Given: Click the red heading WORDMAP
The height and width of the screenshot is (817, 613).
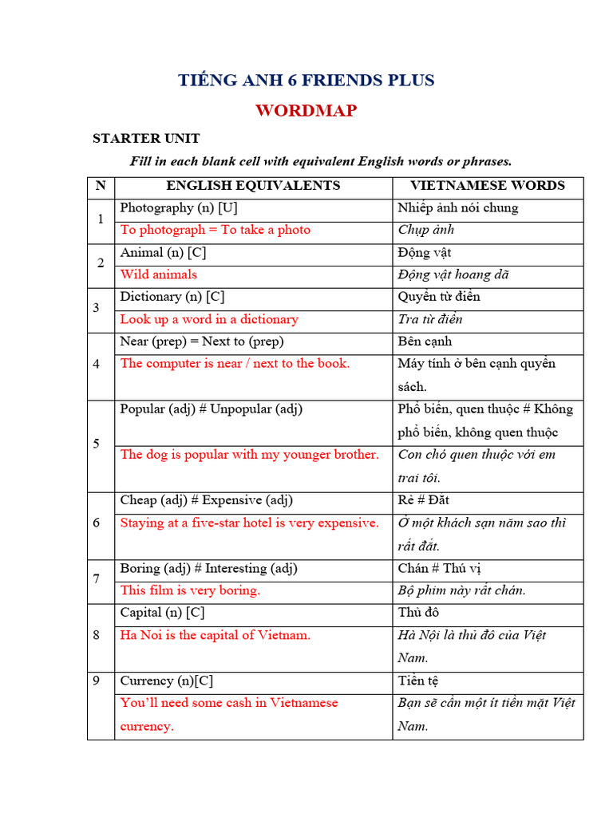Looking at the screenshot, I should (306, 110).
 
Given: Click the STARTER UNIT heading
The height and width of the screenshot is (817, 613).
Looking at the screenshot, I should (146, 138).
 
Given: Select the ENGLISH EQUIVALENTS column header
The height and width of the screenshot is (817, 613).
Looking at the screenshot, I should (253, 186).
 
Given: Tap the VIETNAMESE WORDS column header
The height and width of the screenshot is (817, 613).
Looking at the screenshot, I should (488, 186).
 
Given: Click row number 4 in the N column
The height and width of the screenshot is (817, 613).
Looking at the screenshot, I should (97, 364).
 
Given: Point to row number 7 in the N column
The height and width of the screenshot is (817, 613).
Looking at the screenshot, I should (97, 579).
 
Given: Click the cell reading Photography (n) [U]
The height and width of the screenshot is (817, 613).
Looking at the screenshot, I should (179, 207).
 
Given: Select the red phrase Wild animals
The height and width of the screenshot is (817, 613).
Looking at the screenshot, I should (159, 274).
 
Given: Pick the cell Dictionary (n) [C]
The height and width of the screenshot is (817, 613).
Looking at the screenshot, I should (172, 297).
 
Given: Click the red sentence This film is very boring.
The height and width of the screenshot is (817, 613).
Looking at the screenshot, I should (190, 590).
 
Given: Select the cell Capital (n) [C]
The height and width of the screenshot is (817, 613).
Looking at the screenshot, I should (163, 613).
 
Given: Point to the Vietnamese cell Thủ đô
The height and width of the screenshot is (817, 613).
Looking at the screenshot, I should (418, 613).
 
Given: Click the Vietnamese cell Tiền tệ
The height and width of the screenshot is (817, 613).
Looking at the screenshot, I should (418, 681).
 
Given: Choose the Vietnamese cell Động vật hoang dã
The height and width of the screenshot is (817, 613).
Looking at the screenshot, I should (453, 274).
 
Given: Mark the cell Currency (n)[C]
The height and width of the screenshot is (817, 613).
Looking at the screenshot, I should (167, 681).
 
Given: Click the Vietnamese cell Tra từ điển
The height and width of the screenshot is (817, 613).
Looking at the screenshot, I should (430, 319).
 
